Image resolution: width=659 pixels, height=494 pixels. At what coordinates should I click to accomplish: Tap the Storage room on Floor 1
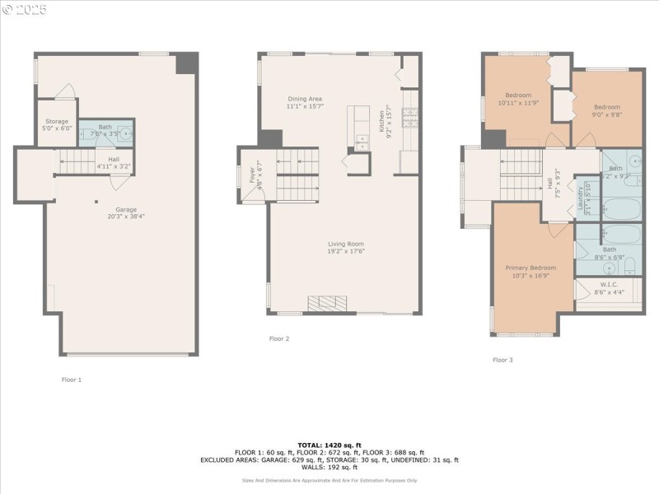[x=58, y=124]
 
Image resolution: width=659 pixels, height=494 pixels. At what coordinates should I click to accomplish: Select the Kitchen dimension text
[x=390, y=123]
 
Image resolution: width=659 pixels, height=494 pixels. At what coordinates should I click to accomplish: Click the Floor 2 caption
[x=279, y=338]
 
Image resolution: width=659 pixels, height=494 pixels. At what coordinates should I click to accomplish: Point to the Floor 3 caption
[x=502, y=360]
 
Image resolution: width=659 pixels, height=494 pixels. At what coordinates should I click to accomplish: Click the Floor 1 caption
[x=72, y=380]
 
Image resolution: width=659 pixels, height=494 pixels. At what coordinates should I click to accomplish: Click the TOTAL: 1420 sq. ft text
[x=329, y=445]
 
